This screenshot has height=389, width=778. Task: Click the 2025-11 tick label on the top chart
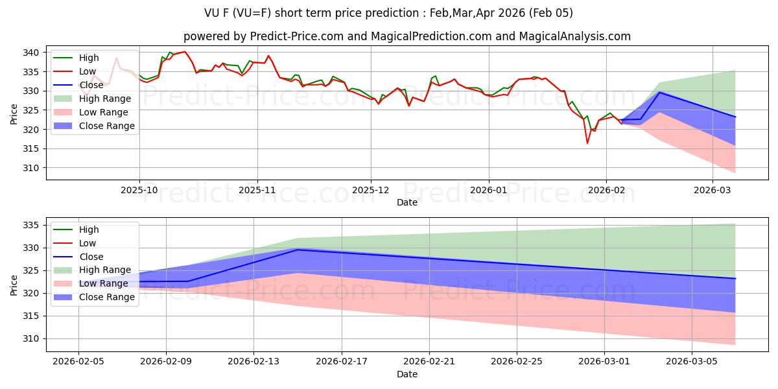257,190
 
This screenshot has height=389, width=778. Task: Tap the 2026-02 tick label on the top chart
606,190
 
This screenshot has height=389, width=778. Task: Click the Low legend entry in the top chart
88,71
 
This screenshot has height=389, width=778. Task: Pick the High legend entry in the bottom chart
89,230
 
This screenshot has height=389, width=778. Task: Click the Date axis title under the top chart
407,203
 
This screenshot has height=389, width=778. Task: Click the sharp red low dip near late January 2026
587,143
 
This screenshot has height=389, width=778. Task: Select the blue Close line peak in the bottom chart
298,250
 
